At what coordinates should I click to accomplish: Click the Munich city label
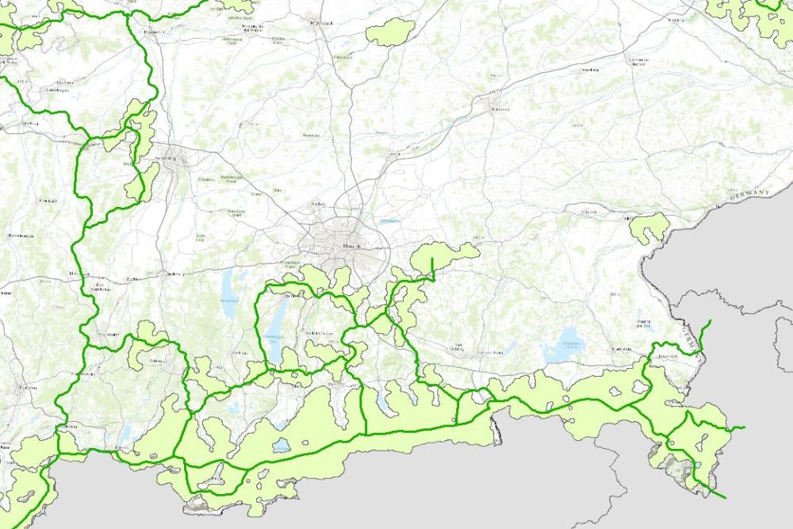coord(353,247)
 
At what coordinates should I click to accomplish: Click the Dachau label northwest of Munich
coord(319,204)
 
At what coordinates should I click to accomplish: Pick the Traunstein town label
coord(621,349)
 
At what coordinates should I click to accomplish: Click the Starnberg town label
coord(291,295)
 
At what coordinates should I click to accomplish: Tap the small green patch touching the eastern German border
coord(649,227)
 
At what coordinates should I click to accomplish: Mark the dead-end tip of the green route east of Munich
coord(432,259)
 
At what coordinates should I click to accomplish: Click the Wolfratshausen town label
coord(317,332)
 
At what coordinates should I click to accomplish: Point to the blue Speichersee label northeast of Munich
coord(389,221)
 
